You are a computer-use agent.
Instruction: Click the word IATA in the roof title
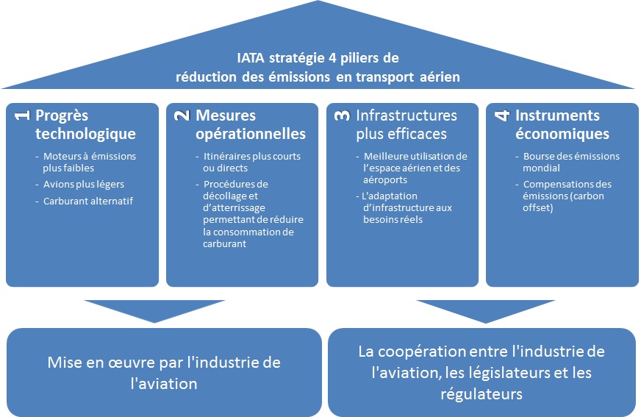pos(251,58)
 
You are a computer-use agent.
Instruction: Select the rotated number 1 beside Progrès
pos(22,115)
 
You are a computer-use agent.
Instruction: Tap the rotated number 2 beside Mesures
pos(182,115)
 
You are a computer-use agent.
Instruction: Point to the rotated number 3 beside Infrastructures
pos(342,115)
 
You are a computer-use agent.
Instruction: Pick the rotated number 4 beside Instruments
pos(502,115)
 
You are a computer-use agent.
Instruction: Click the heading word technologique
pos(85,134)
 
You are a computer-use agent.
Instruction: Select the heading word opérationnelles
pos(251,134)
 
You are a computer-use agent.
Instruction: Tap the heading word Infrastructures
pos(407,115)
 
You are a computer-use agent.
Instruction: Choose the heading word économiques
pos(562,134)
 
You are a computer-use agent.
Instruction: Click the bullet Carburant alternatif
pos(88,201)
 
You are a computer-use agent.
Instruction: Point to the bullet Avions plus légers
pos(84,185)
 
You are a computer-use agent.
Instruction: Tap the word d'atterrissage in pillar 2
pos(234,208)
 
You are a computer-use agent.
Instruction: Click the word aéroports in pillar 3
pos(385,180)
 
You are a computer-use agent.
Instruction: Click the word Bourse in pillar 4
pos(538,156)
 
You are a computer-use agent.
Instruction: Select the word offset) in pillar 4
pos(538,208)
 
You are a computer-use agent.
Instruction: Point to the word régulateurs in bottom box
pos(481,394)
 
